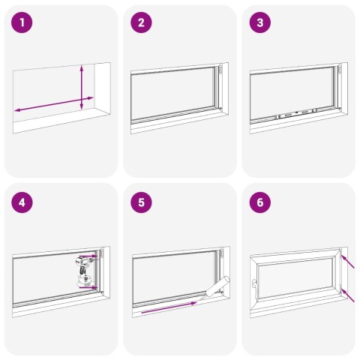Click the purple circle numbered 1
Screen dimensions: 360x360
23,23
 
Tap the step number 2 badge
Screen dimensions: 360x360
142,23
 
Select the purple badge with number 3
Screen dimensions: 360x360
260,23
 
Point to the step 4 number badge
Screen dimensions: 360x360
23,202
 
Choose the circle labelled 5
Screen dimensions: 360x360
142,202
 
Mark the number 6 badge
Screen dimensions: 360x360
260,202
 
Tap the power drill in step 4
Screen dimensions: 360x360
82,270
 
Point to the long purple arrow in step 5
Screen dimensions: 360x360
169,307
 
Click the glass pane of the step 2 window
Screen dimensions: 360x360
172,94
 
